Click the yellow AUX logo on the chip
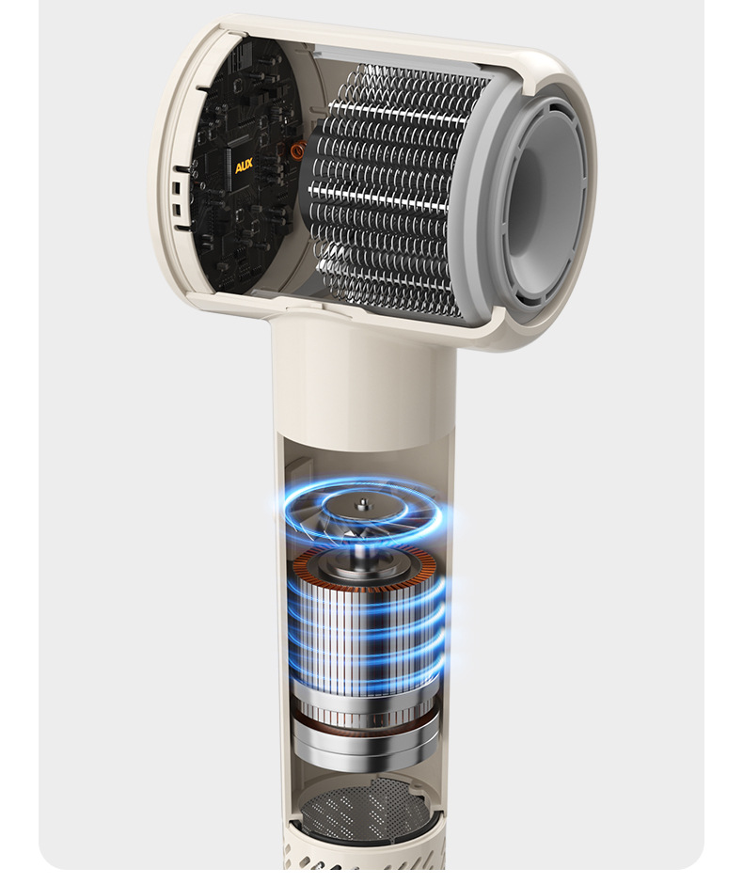[244, 166]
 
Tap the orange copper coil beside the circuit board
[296, 150]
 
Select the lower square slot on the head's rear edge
[177, 211]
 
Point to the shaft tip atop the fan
[362, 500]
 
